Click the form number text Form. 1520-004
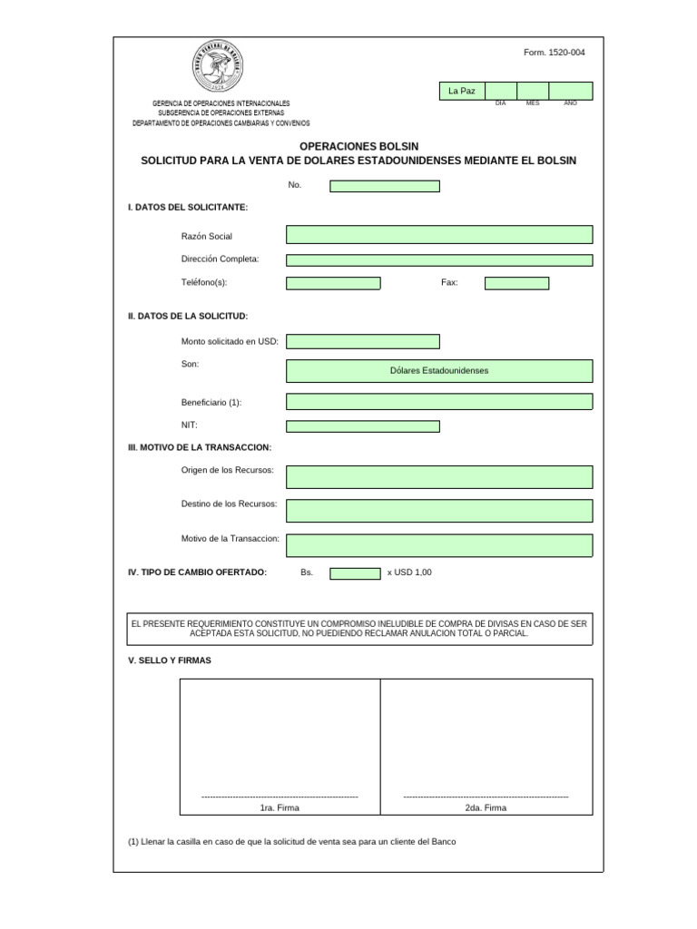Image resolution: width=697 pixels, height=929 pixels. coord(555,53)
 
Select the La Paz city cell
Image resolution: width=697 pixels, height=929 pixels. coord(462,91)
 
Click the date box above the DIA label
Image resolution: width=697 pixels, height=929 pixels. coord(501,91)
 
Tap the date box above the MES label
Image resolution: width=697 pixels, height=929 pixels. coord(533,91)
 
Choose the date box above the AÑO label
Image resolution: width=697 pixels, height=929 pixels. coord(570,91)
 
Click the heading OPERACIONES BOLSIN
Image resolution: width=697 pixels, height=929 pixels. coord(358,146)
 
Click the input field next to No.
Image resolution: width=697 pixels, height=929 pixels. coord(385,186)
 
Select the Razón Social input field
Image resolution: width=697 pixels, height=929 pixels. coord(439,235)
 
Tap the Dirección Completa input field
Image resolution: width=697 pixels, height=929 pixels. coord(439,260)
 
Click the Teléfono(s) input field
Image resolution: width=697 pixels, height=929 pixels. coord(333,283)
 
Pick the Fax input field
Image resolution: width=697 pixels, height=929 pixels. coord(516,283)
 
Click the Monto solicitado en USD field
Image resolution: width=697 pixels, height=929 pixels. coord(363,341)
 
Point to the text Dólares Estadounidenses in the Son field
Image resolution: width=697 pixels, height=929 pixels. coord(439,371)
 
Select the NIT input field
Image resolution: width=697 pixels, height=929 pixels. coord(363,426)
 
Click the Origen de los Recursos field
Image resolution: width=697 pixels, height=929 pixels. coord(439,477)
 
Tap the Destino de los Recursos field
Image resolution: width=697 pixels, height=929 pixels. coord(439,511)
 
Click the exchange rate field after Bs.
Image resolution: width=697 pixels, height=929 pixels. coord(355,573)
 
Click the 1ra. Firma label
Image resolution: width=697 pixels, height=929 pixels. coord(280,807)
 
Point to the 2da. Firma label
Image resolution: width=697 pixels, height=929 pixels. coord(486,807)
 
